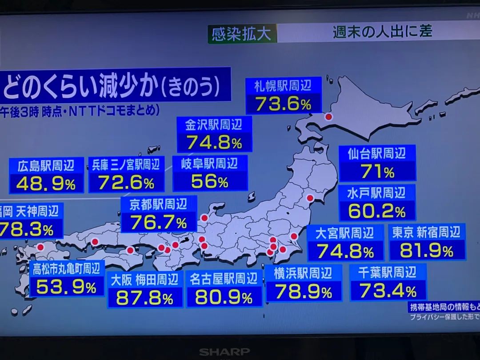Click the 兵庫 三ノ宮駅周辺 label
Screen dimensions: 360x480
(x=126, y=165)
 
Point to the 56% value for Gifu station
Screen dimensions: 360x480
(x=209, y=181)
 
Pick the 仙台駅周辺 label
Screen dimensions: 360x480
(x=377, y=154)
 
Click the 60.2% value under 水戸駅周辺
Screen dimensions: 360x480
(x=376, y=211)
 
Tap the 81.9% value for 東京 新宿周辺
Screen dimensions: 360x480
(x=426, y=251)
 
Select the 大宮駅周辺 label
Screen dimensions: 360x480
(x=344, y=233)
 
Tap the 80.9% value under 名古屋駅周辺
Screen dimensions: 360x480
(x=224, y=297)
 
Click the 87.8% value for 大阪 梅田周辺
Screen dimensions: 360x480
(x=144, y=298)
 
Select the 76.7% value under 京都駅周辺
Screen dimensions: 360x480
(x=158, y=222)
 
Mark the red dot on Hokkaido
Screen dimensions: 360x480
(x=328, y=117)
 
